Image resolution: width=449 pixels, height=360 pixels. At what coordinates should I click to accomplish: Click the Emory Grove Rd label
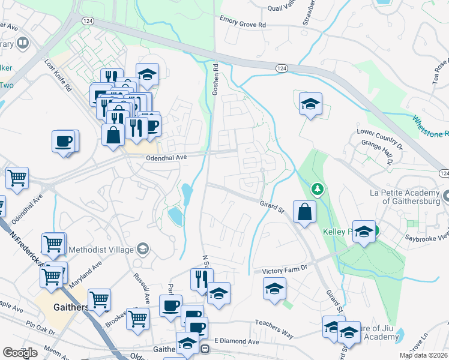[x=243, y=23]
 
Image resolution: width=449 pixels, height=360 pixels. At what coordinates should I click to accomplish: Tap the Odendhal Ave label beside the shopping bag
[x=167, y=157]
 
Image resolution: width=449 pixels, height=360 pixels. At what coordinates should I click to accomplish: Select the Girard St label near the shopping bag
[x=271, y=209]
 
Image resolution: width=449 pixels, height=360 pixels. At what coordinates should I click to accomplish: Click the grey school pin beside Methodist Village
[x=143, y=248]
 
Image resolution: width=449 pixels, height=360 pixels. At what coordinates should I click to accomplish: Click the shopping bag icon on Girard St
[x=305, y=212]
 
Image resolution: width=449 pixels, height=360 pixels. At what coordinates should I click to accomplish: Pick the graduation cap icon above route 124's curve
[x=310, y=104]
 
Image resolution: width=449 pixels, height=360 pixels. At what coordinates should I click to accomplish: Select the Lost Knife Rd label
[x=59, y=75]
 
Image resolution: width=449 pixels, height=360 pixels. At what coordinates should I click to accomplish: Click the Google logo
[x=20, y=353]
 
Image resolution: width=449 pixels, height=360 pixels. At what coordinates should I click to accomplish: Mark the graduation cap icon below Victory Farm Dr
[x=274, y=289]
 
